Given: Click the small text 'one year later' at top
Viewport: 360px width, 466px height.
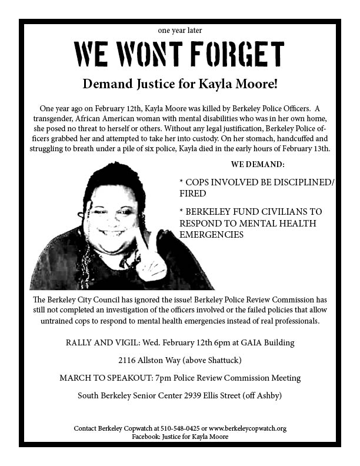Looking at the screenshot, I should [x=180, y=30].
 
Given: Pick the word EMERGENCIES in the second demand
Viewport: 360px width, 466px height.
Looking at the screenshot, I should [x=211, y=234].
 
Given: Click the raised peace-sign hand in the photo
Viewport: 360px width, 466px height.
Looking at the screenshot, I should [x=149, y=259].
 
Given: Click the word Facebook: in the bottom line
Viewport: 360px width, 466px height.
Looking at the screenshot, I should [x=148, y=437].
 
